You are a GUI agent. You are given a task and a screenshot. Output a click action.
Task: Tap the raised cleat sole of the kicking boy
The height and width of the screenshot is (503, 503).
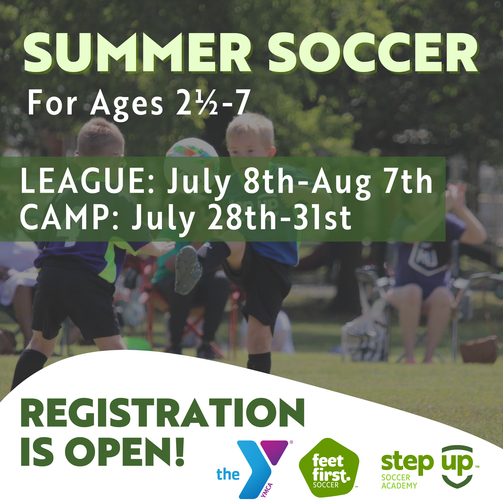click(188, 269)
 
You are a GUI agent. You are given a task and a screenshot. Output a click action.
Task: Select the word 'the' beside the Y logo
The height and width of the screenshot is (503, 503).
click(228, 474)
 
